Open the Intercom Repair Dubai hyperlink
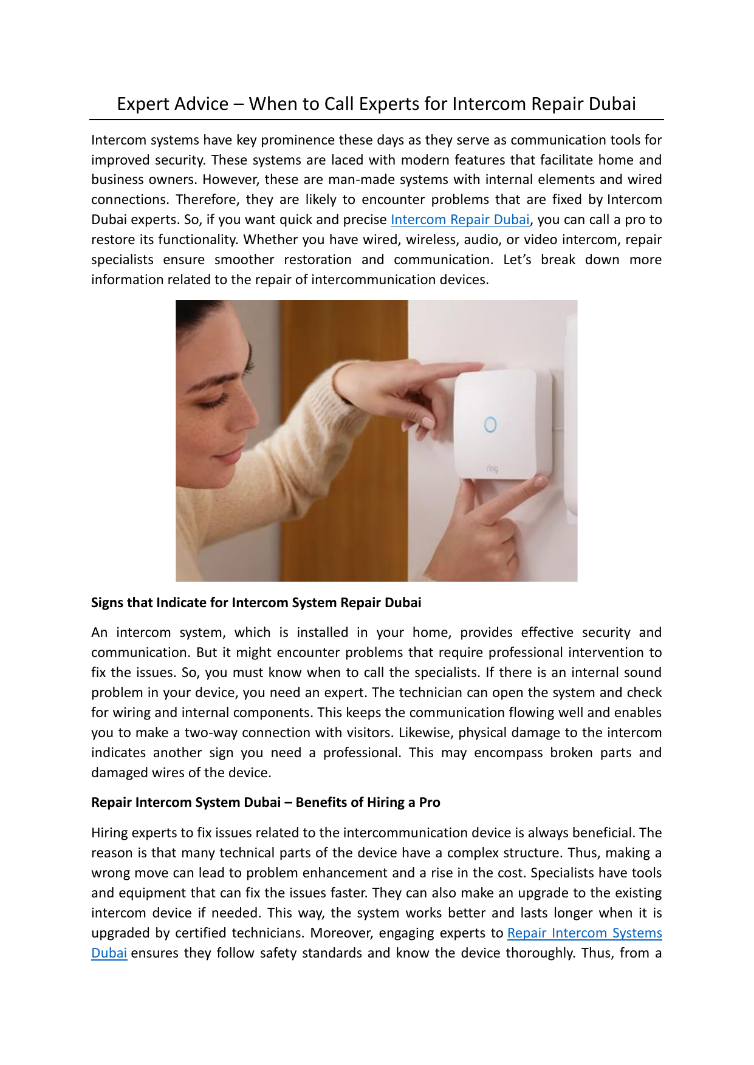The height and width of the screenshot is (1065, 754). click(x=460, y=220)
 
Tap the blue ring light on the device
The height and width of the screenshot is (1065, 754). click(x=490, y=424)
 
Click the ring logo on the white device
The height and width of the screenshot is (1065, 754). click(x=492, y=469)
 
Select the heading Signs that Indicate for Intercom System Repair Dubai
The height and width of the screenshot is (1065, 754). click(x=256, y=603)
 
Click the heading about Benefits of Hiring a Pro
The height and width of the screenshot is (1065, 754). click(x=266, y=803)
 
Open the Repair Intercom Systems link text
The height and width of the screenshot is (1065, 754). click(x=584, y=933)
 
